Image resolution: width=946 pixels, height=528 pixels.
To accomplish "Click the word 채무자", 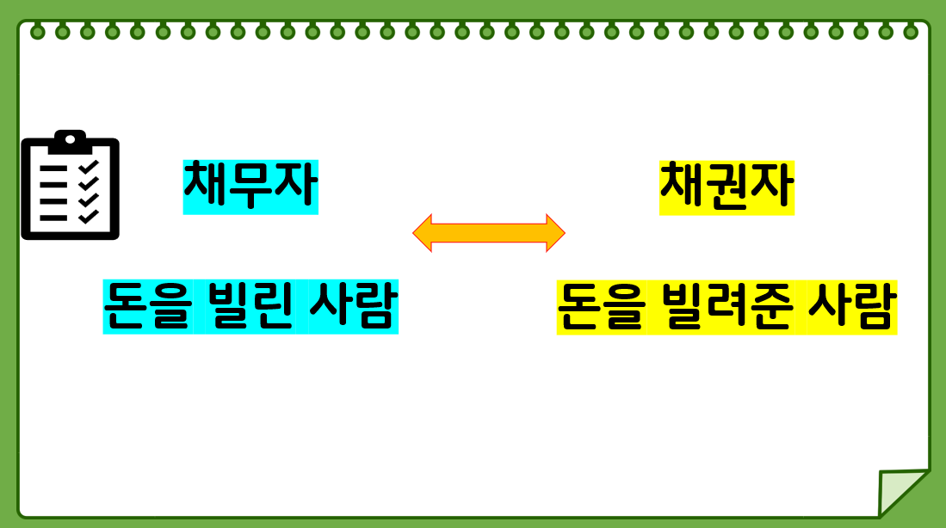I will pos(250,187).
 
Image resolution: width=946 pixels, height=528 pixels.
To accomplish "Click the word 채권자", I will pos(727,187).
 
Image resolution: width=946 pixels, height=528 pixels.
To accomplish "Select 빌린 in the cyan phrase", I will pos(250,306).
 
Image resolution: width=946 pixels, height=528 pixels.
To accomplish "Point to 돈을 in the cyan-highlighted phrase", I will pos(146,306).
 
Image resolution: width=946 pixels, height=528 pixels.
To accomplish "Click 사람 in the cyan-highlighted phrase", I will pos(353,306).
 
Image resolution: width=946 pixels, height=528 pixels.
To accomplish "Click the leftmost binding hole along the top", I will pos(37,33).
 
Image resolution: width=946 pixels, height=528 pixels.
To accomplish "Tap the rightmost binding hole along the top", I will pos(911,33).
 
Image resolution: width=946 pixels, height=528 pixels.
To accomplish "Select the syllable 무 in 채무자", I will pos(250,187).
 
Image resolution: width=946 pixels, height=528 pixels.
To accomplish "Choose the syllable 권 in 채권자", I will pos(727,187).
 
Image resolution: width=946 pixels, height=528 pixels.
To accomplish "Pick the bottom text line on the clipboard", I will pos(54,217).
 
